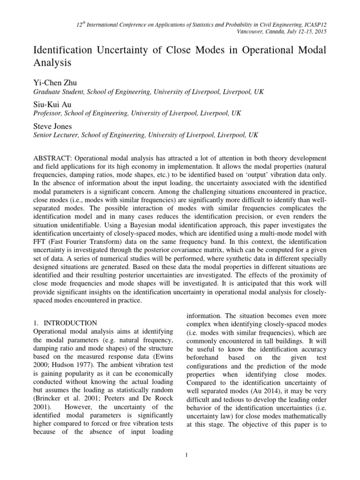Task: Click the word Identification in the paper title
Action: pos(63,50)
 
